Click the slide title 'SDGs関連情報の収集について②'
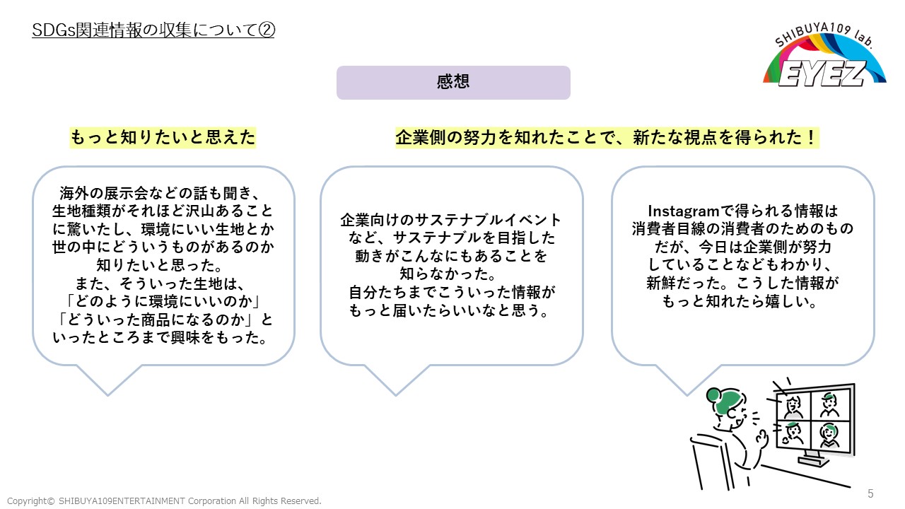pos(153,31)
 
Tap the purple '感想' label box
pos(453,83)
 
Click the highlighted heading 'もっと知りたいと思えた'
pos(163,137)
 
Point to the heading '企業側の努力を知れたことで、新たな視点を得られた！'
pos(607,137)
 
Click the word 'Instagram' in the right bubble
pos(682,211)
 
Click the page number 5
pos(870,493)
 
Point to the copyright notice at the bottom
pos(164,501)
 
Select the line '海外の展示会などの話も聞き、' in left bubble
pos(163,193)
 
